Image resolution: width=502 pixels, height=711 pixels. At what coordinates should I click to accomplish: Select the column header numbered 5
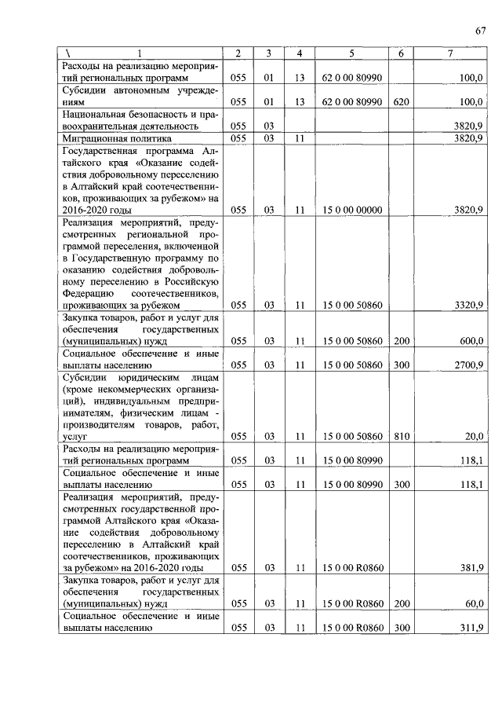click(x=351, y=53)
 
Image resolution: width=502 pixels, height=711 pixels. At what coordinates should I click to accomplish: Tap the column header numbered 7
click(x=449, y=53)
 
